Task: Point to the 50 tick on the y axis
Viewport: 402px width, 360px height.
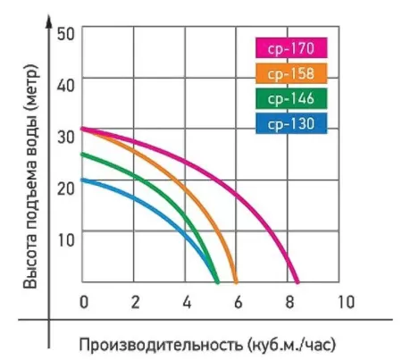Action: click(64, 31)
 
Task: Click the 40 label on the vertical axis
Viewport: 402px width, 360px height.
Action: click(64, 80)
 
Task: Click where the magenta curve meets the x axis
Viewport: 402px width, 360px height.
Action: click(298, 280)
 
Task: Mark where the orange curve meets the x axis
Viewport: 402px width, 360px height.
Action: click(237, 280)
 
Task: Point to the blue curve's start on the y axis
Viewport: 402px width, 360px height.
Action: click(82, 180)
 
